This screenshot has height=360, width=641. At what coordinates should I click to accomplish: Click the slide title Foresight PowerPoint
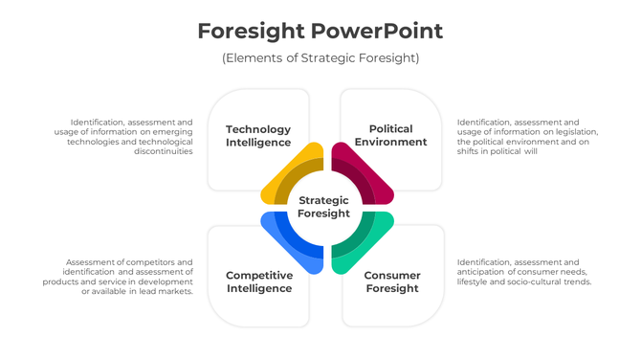pyautogui.click(x=320, y=31)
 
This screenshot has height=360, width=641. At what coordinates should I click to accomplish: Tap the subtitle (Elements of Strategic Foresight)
pyautogui.click(x=320, y=58)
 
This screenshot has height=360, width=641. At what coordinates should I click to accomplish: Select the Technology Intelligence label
pyautogui.click(x=258, y=136)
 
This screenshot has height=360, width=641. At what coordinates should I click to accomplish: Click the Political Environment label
pyautogui.click(x=390, y=135)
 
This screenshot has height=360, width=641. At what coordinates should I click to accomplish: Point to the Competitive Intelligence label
pyautogui.click(x=259, y=281)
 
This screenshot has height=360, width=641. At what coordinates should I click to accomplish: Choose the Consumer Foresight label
pyautogui.click(x=391, y=281)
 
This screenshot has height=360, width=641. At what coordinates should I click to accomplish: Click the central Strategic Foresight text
pyautogui.click(x=323, y=207)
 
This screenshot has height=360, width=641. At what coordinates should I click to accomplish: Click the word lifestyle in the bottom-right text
pyautogui.click(x=475, y=281)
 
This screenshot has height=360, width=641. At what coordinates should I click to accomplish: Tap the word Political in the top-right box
pyautogui.click(x=390, y=128)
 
